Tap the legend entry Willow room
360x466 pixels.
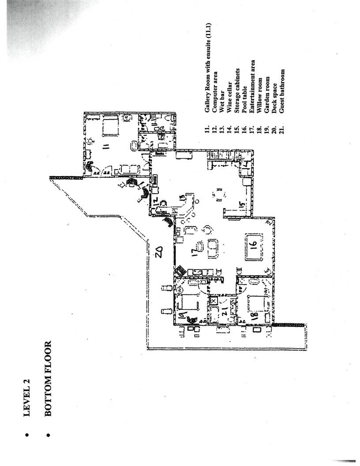click(x=259, y=93)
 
